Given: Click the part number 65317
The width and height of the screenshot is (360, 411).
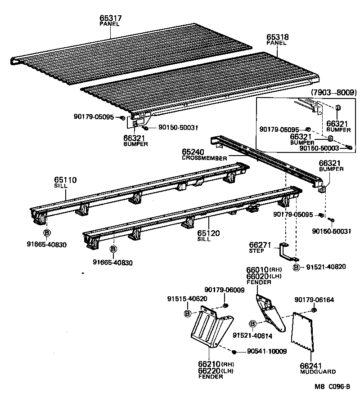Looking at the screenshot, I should (110, 18).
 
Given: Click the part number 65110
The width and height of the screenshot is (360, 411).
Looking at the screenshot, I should (66, 180).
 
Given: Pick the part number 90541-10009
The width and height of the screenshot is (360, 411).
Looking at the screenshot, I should (266, 351).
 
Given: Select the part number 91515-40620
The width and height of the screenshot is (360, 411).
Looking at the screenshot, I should (187, 298).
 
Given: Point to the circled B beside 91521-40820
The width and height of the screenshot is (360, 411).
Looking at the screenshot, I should (296, 267).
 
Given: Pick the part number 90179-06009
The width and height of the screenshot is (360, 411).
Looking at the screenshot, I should (224, 290).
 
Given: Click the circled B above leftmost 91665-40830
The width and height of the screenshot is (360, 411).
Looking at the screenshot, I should (46, 232).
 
